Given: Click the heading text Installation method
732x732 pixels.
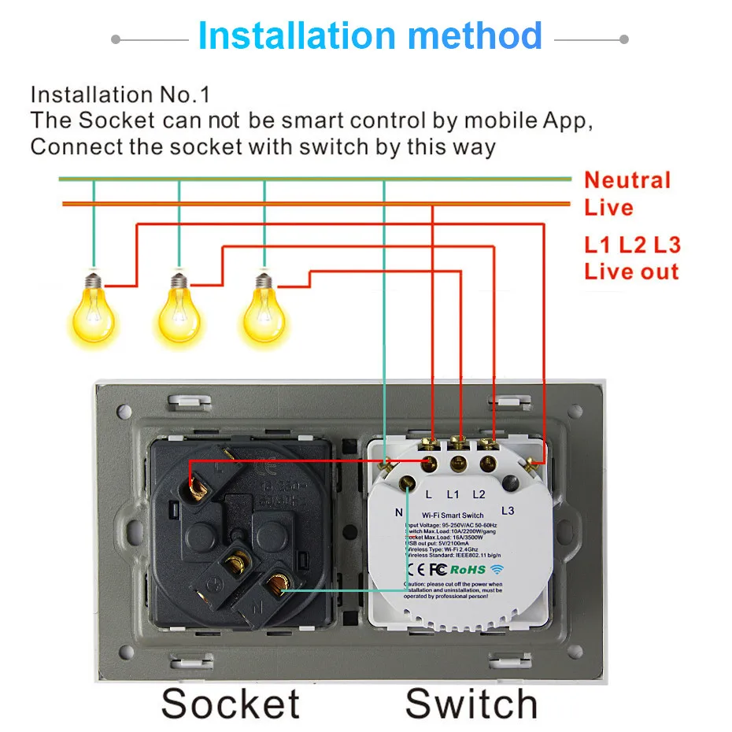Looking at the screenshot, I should pos(370,36).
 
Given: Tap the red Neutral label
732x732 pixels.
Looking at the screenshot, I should pos(627,180).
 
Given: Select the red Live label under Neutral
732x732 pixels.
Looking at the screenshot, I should pos(608,208).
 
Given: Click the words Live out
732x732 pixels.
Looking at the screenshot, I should pos(630,272).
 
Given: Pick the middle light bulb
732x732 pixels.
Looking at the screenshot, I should pos(179,313).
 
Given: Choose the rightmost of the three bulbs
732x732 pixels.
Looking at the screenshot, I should pos(264,313).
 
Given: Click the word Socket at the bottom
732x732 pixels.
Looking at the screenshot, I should pos(230,703).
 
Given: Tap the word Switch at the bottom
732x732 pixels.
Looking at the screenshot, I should pos(471,703).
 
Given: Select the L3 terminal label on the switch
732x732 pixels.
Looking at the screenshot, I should pos(507,511).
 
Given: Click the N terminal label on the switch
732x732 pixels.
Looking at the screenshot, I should pos(399,512).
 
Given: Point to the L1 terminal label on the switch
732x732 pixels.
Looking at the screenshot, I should pos(453,495).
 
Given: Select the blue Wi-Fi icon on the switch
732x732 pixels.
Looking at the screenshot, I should pos(496,569).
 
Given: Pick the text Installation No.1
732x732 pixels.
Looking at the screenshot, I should pos(120,95).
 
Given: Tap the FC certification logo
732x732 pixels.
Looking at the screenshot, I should pos(438,569).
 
